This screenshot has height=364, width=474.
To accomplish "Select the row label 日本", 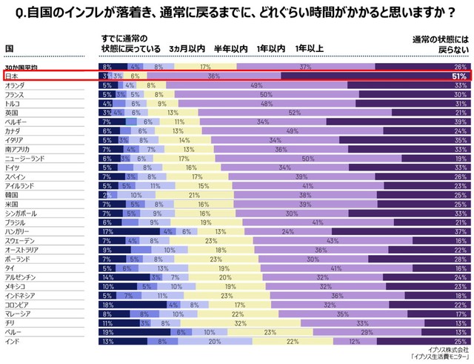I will (x=12, y=76).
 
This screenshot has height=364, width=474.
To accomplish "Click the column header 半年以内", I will (x=230, y=48).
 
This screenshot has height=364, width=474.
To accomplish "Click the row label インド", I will (x=13, y=342).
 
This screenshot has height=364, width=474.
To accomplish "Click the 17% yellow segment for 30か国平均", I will (x=204, y=67).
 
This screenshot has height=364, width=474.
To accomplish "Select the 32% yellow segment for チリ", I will (x=240, y=323).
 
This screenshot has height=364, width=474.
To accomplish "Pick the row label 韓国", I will (x=12, y=194).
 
